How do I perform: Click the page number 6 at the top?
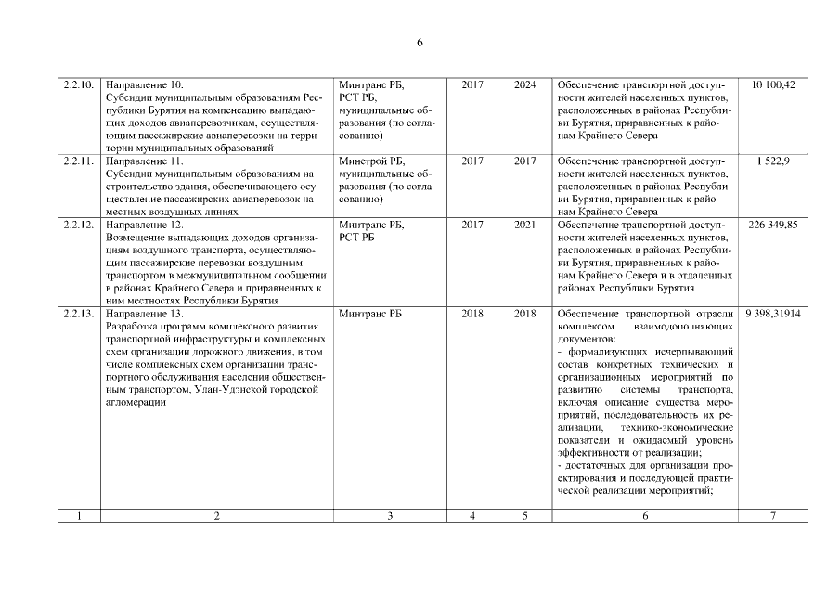[420, 43]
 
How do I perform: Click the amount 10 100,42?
[773, 85]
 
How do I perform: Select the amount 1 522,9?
[773, 161]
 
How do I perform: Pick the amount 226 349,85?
[773, 226]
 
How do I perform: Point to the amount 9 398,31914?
[773, 314]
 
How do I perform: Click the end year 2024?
[525, 85]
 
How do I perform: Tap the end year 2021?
[525, 226]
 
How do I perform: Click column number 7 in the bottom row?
[773, 516]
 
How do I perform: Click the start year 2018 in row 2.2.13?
[472, 314]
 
